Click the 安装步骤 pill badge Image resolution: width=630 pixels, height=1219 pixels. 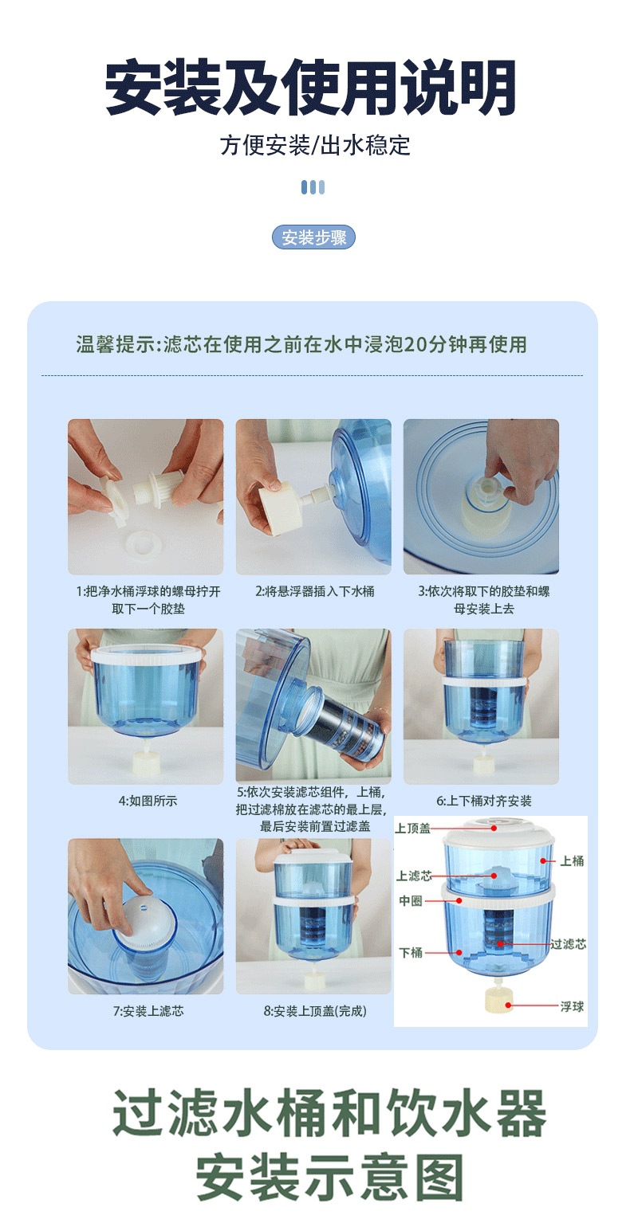(x=313, y=237)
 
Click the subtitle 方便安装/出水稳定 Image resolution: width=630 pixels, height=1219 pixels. (x=315, y=145)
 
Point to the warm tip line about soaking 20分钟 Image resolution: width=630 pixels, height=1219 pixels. (x=301, y=344)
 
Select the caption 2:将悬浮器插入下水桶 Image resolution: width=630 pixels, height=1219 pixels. (x=315, y=591)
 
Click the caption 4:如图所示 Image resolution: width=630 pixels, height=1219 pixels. (x=148, y=801)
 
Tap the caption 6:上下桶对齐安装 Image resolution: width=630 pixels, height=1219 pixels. (x=483, y=801)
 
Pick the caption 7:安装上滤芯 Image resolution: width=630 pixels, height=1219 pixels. (x=148, y=1010)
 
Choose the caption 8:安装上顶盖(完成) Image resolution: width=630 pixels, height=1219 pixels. (x=315, y=1010)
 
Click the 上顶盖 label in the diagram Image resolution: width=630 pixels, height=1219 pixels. (x=413, y=829)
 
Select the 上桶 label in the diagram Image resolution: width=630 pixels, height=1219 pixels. (x=572, y=860)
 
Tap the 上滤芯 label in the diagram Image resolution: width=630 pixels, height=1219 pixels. (x=414, y=876)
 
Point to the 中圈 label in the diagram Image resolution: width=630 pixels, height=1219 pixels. (x=411, y=900)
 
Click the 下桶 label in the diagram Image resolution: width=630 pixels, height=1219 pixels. (x=411, y=952)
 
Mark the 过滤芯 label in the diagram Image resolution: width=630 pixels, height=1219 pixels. (x=568, y=943)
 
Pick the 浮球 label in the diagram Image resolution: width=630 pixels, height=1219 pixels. (x=572, y=1006)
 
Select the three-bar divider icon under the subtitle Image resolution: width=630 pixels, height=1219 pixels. (x=313, y=187)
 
